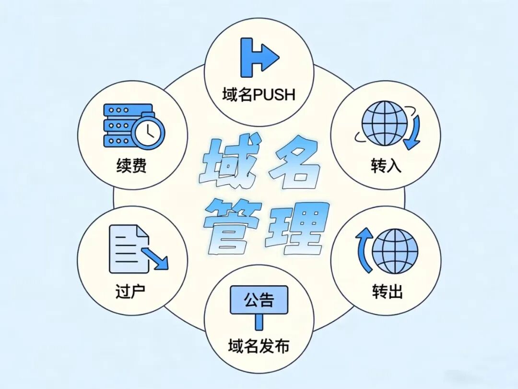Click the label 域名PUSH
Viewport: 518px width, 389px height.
point(259,95)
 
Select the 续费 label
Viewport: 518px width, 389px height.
point(131,165)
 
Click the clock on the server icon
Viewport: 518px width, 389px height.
point(148,131)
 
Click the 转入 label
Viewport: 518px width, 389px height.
point(386,165)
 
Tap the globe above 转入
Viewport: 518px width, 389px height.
point(385,123)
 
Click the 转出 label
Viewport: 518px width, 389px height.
point(387,292)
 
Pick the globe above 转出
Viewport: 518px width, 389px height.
point(395,251)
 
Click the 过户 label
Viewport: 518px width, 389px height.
point(130,292)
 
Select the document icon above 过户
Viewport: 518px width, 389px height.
point(129,249)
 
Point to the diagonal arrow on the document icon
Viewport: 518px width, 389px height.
point(155,258)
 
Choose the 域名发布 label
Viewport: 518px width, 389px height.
point(259,346)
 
